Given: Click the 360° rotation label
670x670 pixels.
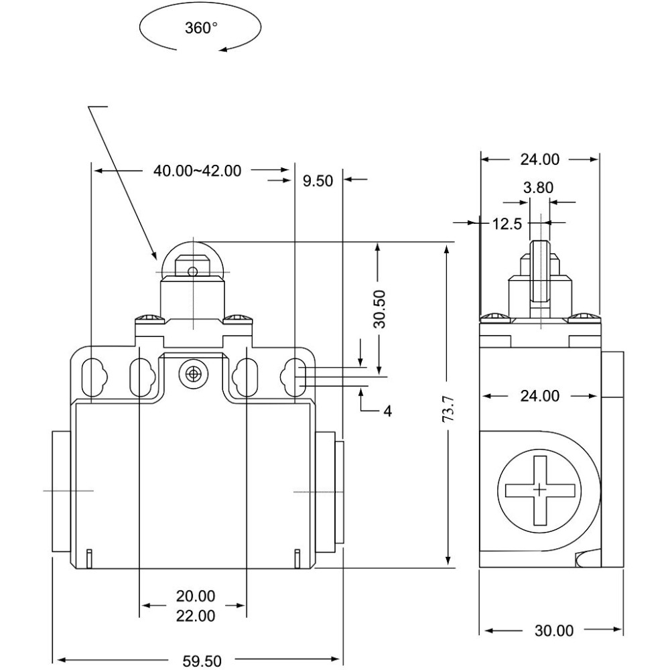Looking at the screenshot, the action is coord(201,28).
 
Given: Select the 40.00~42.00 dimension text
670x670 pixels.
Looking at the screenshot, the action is coord(198,171).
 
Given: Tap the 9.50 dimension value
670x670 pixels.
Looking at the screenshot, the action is coord(318,181).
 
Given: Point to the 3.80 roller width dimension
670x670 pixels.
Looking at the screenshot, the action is coord(539,188).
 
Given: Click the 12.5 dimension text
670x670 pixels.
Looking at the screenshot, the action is coord(507,224).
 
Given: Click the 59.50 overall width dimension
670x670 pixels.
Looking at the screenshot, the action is coord(202,661).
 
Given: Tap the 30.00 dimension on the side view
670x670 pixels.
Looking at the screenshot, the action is coord(554,630).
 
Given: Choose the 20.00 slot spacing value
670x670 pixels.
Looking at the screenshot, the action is coord(196,596).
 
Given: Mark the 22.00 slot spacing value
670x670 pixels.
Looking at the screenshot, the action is coord(196,616).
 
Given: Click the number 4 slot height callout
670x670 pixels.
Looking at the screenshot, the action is coord(387,411).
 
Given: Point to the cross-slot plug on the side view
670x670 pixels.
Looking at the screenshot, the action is coord(539,490).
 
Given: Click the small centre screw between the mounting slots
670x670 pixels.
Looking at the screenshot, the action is coord(194,374).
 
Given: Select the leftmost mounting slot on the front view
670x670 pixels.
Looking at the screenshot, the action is coord(94,377).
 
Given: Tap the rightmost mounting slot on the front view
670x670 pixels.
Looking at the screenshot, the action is coord(293,377).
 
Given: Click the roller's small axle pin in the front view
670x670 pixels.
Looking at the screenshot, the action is coord(193,271).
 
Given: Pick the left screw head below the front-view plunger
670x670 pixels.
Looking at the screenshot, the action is coord(149,318).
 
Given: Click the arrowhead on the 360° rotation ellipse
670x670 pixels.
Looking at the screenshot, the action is coord(224,50).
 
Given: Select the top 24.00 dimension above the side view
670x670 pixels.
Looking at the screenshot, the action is coord(539,159).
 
